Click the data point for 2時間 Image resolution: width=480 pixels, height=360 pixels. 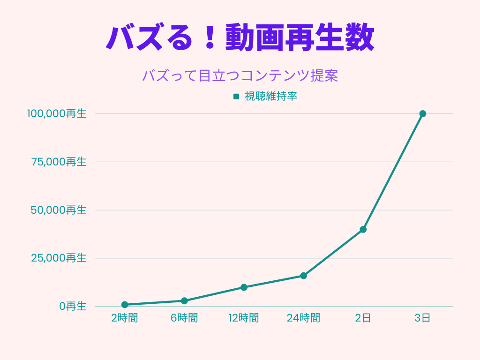click(125, 305)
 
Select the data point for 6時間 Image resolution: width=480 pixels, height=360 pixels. click(184, 301)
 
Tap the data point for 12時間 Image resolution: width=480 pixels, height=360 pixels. click(244, 287)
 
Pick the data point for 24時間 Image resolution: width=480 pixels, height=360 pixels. click(303, 276)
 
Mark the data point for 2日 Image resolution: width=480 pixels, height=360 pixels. click(363, 229)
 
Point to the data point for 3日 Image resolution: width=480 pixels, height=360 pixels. click(422, 113)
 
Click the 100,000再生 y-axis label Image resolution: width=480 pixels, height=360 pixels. click(57, 113)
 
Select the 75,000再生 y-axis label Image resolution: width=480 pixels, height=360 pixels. click(59, 162)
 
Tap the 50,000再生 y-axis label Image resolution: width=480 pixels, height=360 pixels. click(59, 210)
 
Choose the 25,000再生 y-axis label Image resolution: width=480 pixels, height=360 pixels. click(59, 258)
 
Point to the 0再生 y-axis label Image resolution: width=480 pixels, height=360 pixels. click(73, 306)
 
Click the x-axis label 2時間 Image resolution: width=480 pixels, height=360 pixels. click(125, 318)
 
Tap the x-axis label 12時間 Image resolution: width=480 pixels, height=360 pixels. click(244, 318)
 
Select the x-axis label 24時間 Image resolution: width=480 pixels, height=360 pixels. click(303, 318)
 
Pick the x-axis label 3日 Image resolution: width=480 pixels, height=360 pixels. click(422, 318)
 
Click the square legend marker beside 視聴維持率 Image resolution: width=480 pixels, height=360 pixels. click(236, 97)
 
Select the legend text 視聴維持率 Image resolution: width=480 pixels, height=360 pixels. click(271, 97)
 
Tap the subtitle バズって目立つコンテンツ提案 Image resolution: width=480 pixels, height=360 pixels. click(240, 75)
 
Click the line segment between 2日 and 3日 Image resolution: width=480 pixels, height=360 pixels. click(393, 171)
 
